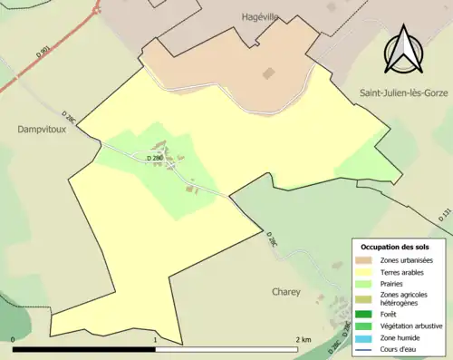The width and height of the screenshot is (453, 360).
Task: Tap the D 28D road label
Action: pos(155,159)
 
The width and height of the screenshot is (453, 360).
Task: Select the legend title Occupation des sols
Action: pos(395,247)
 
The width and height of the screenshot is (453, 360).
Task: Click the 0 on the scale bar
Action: pos(14,340)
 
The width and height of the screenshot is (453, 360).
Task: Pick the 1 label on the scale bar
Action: pos(156,340)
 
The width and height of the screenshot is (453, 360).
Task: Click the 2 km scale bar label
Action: pos(304,340)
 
